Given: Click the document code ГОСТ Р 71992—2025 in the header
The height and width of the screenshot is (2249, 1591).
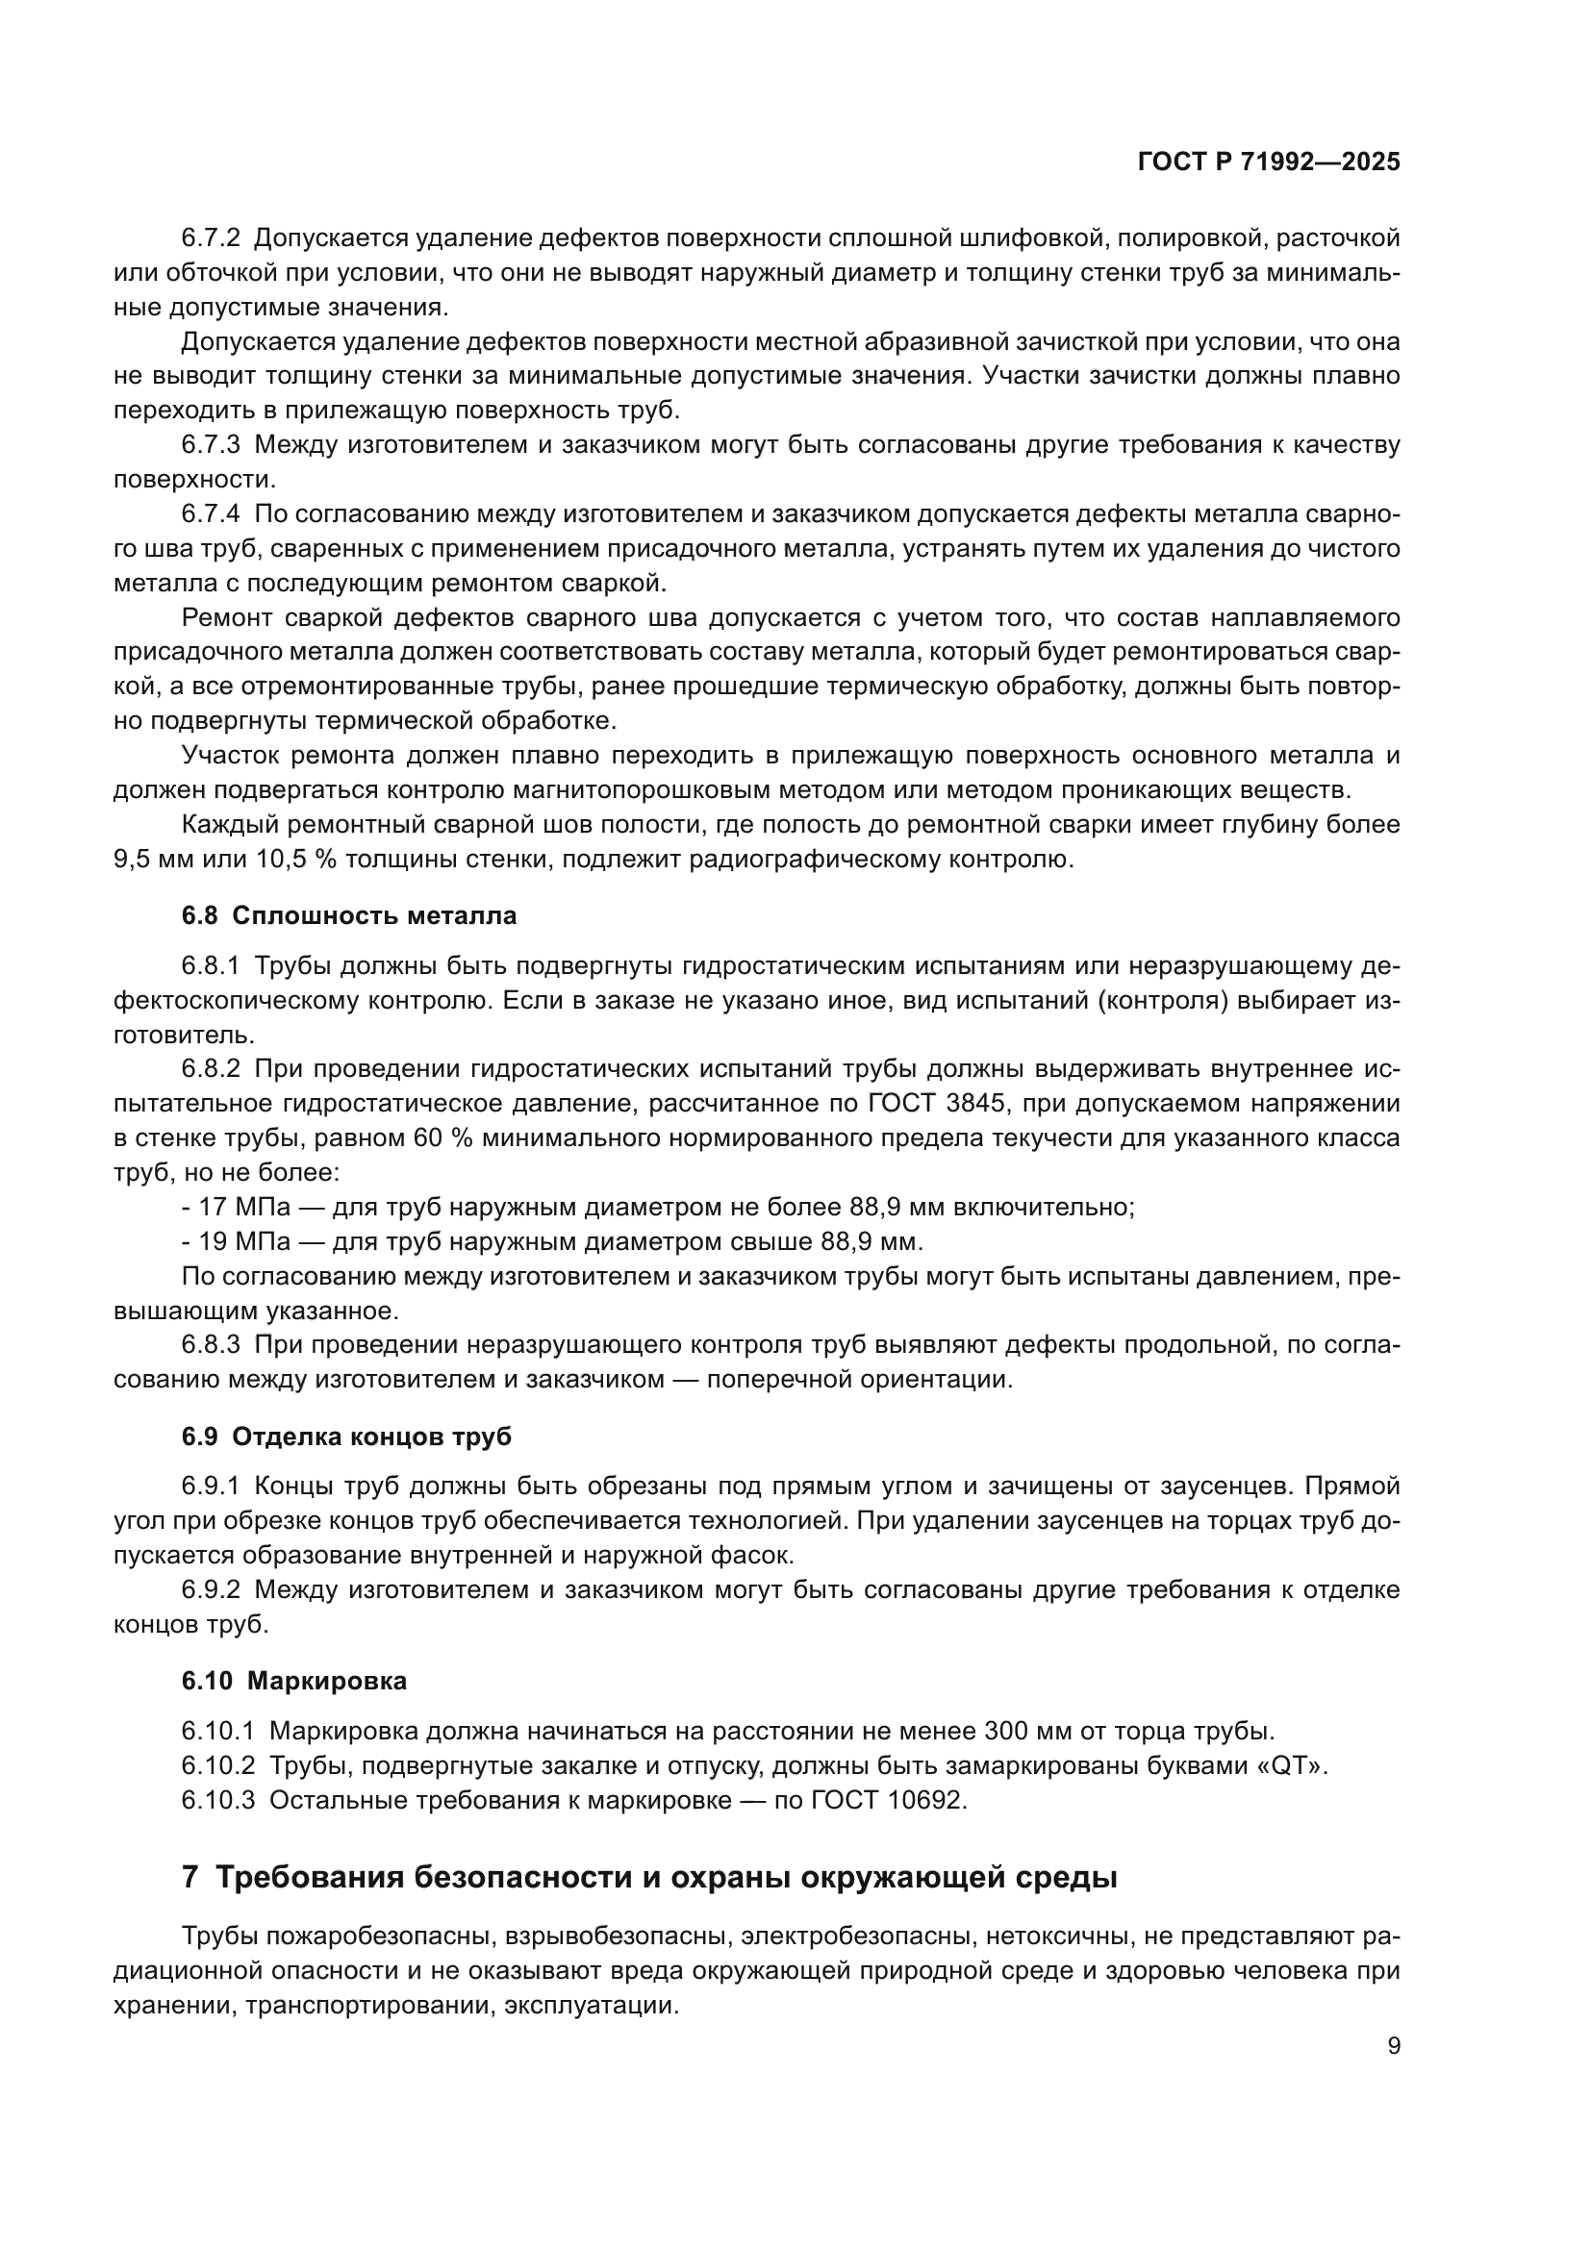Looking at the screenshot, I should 1269,162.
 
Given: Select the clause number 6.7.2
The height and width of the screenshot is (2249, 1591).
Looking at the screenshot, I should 211,238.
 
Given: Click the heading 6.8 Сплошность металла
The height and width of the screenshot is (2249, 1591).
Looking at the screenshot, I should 349,916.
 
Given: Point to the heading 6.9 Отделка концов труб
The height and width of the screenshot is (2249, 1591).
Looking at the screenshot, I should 346,1437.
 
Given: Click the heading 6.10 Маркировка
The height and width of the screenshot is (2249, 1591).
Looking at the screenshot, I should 294,1681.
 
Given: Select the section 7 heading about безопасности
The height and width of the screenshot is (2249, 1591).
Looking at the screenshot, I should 649,1878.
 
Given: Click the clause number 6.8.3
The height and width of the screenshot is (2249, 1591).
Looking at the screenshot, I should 211,1345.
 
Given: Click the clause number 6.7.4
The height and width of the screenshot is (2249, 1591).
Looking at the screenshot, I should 211,514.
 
